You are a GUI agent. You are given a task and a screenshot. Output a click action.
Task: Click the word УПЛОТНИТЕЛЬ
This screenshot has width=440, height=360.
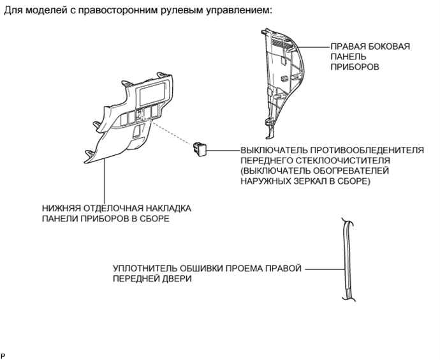tap(143, 269)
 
